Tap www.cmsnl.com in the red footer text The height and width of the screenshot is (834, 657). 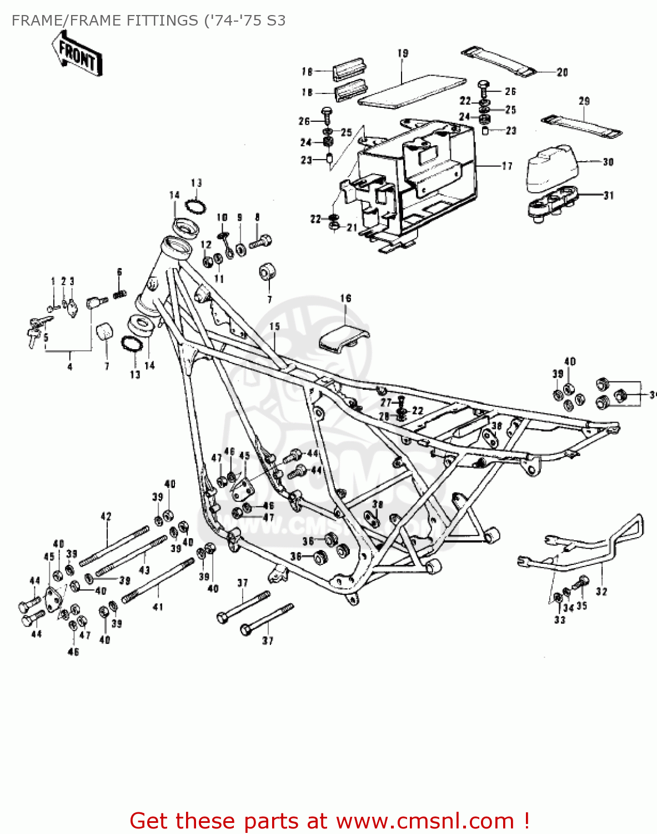tap(425, 821)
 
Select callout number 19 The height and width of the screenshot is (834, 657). tap(403, 53)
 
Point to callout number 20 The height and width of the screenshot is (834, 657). tap(562, 72)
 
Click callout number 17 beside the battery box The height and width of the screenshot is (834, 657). tap(506, 166)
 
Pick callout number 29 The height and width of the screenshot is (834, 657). tap(584, 101)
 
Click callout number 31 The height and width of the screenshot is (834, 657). tap(609, 195)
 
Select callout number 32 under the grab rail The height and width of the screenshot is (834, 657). tap(601, 592)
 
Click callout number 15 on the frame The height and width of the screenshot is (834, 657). tap(275, 326)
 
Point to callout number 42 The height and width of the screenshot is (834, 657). tap(106, 517)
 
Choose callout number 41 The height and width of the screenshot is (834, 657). tap(158, 607)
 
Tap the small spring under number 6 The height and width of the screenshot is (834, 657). tap(119, 294)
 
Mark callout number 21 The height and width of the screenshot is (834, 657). tap(352, 227)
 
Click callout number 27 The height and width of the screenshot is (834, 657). tap(385, 402)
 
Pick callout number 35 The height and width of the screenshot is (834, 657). tap(581, 605)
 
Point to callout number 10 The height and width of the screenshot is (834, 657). tap(222, 217)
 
